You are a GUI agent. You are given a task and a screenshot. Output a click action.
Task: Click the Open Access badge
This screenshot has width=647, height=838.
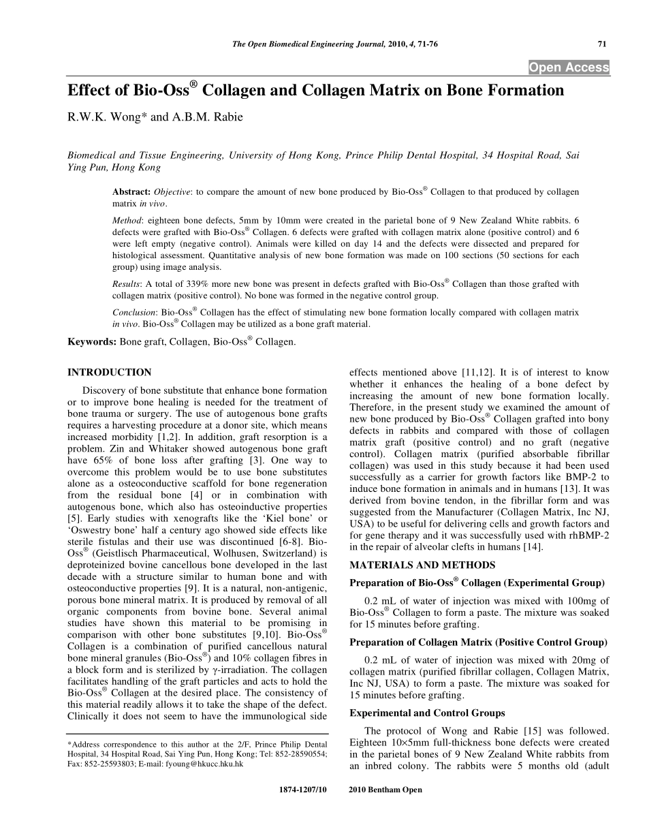pos(569,67)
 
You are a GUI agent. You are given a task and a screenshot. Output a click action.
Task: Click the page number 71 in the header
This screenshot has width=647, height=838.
pos(601,44)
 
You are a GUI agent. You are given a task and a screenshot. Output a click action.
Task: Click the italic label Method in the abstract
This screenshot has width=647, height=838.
pos(127,221)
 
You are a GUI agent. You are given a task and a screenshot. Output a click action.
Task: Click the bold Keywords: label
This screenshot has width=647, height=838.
pos(92,342)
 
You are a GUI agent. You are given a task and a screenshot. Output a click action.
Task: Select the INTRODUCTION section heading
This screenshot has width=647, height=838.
pos(109,373)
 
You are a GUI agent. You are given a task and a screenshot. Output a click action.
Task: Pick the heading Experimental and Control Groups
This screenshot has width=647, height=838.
pos(427,713)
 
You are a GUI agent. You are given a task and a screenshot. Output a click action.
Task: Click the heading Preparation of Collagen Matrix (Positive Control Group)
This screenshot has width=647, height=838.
pos(478,642)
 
